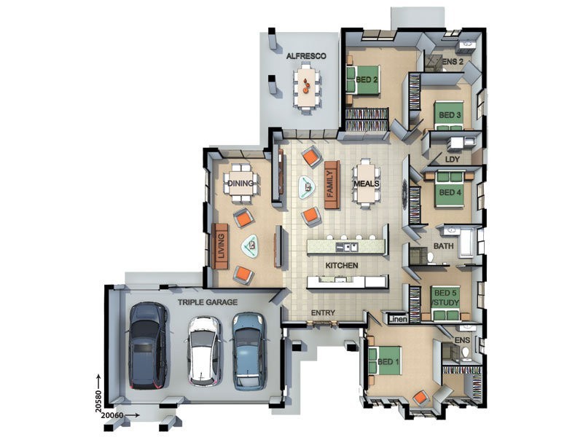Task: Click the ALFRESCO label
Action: pos(306,56)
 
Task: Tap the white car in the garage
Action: pos(204,352)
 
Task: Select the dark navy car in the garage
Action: pos(148,345)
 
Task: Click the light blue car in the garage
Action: pos(249,352)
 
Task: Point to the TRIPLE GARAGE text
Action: pos(207,302)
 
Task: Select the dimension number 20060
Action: pos(112,415)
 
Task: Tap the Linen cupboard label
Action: pos(398,319)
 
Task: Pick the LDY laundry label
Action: pos(452,160)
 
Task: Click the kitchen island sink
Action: pos(346,246)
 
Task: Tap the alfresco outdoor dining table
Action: pos(306,87)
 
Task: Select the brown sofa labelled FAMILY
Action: pos(332,185)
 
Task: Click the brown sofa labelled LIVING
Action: pos(220,246)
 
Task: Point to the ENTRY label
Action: pos(323,313)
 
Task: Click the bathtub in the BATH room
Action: pos(467,243)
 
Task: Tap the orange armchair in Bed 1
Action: pos(421,398)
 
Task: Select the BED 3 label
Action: pos(450,115)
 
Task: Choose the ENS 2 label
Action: pos(453,62)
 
